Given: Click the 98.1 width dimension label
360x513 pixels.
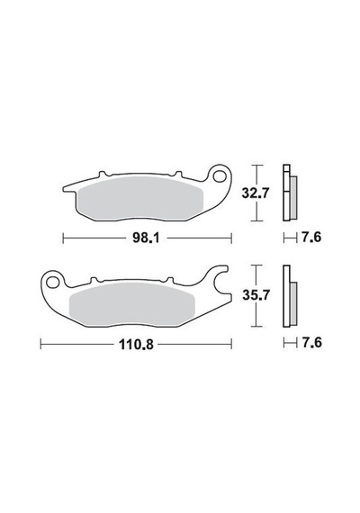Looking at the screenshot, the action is (x=146, y=238).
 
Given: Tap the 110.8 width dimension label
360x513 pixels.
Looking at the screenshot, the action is (x=136, y=344).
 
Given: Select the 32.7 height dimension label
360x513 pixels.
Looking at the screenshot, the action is (x=256, y=193).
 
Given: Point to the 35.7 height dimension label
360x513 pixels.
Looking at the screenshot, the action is (x=256, y=295).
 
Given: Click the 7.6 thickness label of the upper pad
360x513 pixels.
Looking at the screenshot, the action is (x=311, y=237).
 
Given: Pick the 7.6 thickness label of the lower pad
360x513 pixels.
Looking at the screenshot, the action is (x=311, y=343).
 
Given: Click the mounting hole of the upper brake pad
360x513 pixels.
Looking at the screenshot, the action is (x=219, y=176).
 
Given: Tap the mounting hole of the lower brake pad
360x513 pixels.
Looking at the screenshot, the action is (x=52, y=282).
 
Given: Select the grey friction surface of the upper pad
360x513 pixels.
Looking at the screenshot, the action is (x=141, y=198).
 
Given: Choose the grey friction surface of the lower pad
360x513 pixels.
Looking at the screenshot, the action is (x=132, y=303).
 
